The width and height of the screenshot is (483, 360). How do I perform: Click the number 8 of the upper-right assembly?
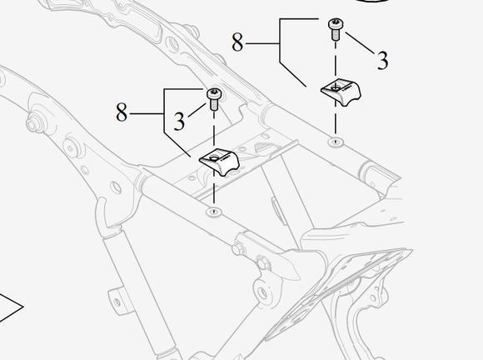click(237, 42)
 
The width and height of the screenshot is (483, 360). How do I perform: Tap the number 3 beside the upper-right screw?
click(382, 60)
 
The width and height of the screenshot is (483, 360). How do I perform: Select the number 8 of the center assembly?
click(122, 112)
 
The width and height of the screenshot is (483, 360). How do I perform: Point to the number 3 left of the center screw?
click(179, 121)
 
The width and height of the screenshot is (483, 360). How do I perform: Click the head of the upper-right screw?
click(335, 23)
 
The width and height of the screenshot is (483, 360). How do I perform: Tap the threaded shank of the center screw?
click(214, 105)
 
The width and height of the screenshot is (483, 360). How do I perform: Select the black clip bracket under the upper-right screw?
click(341, 92)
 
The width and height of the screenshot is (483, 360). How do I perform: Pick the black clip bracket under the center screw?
click(219, 162)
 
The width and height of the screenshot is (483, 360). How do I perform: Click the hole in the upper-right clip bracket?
click(335, 88)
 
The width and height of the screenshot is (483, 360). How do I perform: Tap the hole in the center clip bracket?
click(213, 158)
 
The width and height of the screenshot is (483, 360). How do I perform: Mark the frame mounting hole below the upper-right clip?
click(335, 142)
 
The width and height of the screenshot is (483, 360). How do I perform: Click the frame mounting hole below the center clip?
click(214, 212)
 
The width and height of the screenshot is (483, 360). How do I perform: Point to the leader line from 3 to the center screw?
click(197, 110)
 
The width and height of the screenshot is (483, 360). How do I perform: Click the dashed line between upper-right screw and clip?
click(335, 58)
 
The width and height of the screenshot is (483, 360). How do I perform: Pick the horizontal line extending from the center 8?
click(147, 114)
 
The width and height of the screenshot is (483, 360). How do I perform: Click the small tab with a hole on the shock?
click(116, 301)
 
